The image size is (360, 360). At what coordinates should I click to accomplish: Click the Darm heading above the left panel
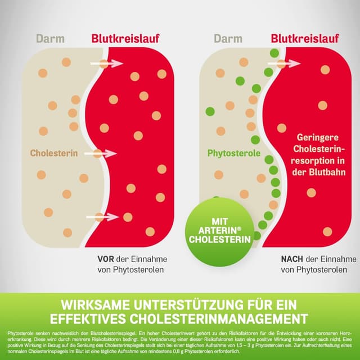point(50,39)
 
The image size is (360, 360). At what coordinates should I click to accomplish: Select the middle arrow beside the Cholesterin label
point(103,153)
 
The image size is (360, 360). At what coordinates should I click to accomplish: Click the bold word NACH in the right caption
point(292,259)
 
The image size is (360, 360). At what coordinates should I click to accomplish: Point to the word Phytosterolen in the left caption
point(137,271)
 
